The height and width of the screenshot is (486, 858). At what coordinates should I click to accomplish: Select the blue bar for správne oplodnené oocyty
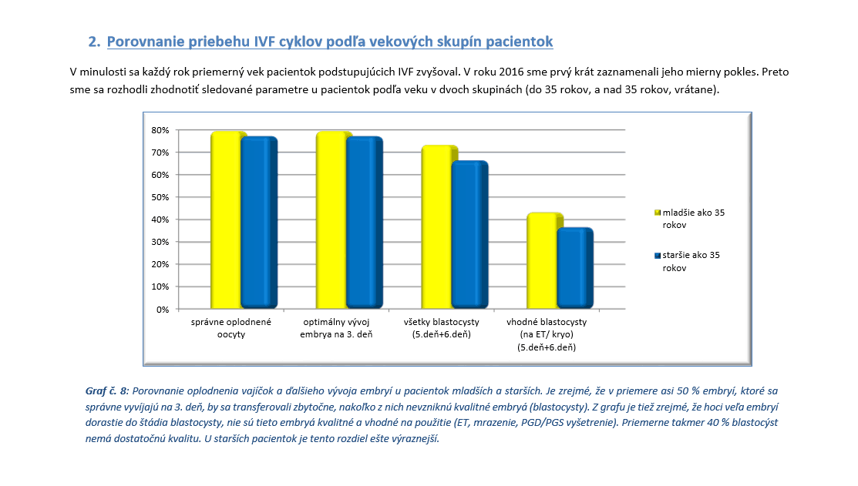(x=259, y=223)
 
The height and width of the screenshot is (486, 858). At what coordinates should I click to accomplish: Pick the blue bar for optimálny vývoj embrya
(x=365, y=223)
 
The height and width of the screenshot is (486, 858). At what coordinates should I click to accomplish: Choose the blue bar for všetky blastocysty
(x=469, y=235)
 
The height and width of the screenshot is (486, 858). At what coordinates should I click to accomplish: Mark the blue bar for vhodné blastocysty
(x=575, y=268)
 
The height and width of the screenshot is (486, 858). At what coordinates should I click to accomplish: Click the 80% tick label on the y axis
(x=160, y=130)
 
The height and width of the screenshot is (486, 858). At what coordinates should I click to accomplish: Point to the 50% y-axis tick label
(x=160, y=197)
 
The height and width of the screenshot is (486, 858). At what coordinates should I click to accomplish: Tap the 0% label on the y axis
(x=163, y=310)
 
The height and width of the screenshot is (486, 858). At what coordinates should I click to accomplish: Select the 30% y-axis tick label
(x=160, y=242)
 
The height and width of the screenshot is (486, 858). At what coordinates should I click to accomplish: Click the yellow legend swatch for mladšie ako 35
(x=658, y=213)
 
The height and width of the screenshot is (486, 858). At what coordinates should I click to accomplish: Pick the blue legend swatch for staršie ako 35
(x=658, y=255)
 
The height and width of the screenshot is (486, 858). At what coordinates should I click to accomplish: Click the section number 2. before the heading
(x=94, y=42)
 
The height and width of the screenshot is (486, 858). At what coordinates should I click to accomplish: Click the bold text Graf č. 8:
(x=106, y=390)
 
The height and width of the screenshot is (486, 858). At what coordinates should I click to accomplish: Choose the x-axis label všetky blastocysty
(x=442, y=322)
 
